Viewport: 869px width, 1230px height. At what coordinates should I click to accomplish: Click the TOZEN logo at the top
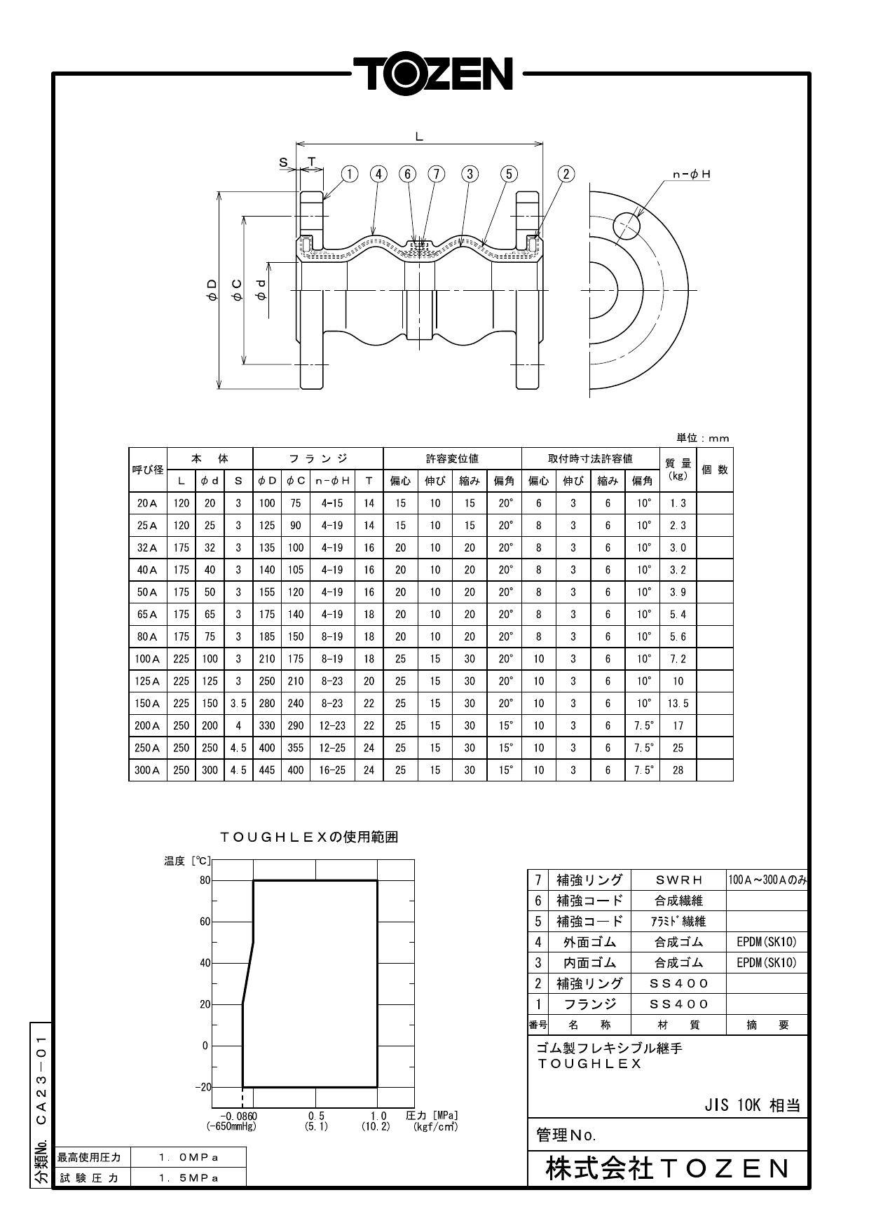(433, 74)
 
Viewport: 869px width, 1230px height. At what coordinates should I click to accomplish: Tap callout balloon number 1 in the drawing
(350, 174)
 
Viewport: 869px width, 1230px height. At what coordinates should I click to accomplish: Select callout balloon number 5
(509, 174)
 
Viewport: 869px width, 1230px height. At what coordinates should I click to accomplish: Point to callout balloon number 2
(566, 174)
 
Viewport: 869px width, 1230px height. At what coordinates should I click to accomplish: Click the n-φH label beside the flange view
(691, 174)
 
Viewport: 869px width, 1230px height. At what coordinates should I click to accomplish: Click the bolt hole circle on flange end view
(627, 226)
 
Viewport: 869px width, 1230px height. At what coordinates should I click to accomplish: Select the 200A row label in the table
(147, 726)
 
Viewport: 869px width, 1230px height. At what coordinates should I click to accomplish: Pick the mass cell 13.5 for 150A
(678, 704)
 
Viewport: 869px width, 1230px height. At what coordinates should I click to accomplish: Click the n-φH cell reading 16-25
(332, 770)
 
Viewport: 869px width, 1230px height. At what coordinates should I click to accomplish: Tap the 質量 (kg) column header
(678, 469)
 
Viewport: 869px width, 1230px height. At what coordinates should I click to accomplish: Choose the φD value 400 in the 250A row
(267, 748)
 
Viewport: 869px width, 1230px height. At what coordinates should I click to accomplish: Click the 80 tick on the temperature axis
(205, 880)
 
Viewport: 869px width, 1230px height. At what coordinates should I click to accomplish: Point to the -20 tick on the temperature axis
(203, 1087)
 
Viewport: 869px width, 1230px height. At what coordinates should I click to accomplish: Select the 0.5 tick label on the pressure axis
(316, 1116)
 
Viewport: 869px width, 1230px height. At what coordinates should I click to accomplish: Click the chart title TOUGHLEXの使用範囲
(309, 837)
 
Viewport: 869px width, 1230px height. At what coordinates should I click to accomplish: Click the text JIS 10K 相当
(751, 1106)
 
